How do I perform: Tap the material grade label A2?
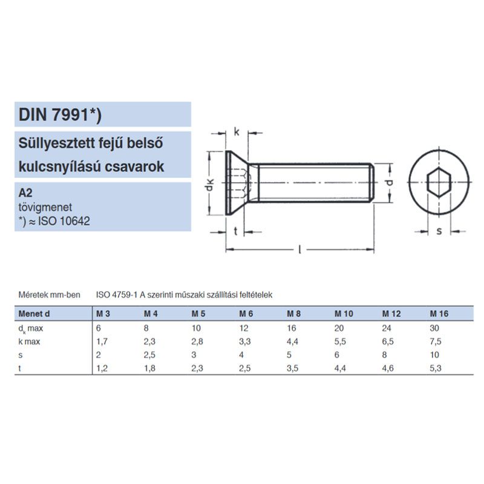click(26, 194)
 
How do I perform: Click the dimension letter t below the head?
click(235, 231)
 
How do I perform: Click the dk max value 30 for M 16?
click(434, 328)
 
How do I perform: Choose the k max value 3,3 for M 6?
click(244, 341)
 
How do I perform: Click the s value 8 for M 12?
click(385, 355)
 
